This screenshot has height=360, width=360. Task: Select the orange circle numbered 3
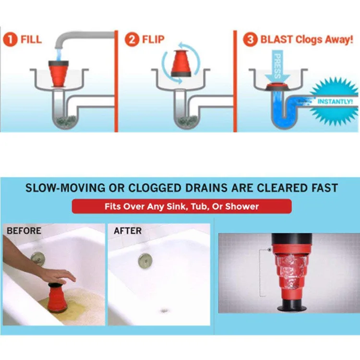click(250, 39)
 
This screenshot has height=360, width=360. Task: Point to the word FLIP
click(154, 39)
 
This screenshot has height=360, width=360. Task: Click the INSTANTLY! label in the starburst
click(335, 102)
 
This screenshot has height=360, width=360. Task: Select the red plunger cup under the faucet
click(60, 72)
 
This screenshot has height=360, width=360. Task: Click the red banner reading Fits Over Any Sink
click(181, 206)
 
